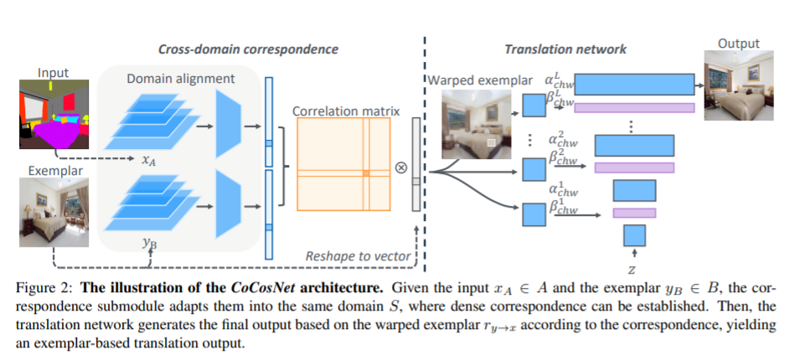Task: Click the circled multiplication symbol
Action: [400, 166]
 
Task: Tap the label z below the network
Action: [633, 269]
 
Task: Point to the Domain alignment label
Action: [181, 78]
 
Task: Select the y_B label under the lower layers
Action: [147, 243]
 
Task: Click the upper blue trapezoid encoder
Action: [230, 125]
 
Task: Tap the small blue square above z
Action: [634, 235]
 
